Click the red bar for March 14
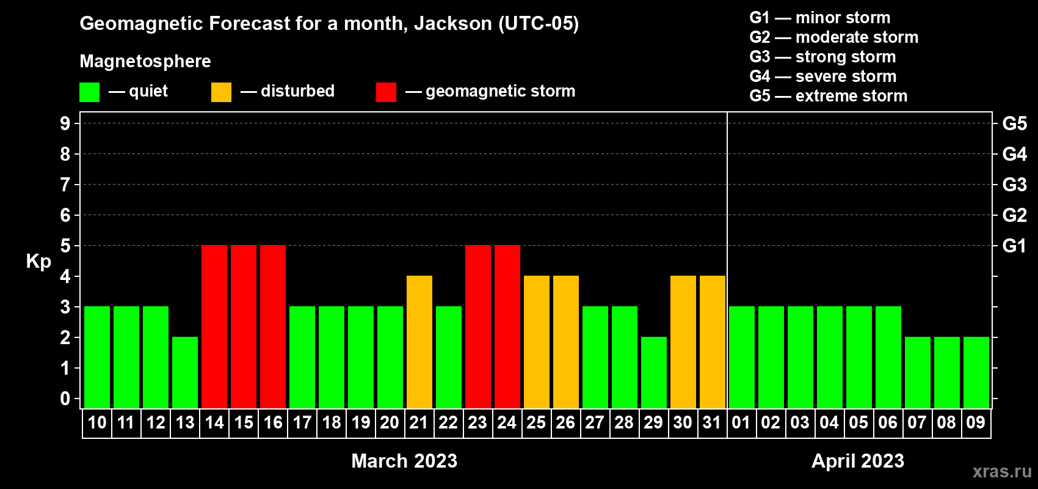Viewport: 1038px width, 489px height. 214,326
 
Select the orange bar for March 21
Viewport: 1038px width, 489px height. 419,342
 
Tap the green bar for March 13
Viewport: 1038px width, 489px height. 185,372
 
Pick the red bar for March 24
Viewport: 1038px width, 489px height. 507,326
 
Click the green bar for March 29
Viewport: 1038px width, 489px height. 654,372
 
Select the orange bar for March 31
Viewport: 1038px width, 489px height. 713,342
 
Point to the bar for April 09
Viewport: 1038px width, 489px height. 976,372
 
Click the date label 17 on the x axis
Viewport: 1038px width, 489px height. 302,422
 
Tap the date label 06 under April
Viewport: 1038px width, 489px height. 888,422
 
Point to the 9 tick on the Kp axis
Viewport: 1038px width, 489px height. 65,123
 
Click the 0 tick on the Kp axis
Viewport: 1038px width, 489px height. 65,399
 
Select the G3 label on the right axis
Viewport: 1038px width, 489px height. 1015,185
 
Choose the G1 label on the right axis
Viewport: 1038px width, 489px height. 1015,246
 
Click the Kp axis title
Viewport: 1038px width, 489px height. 38,262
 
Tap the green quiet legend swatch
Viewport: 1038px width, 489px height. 89,92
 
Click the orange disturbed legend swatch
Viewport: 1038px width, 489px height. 221,92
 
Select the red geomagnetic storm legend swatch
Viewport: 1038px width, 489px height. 387,92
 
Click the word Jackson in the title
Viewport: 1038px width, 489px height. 452,24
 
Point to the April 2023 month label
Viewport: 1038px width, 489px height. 858,461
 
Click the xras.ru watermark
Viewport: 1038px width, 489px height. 1003,471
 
